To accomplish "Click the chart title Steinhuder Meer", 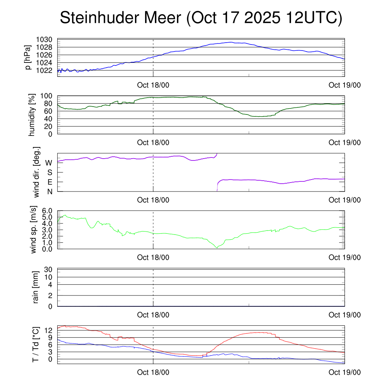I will [x=201, y=18].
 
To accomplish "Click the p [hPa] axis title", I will [x=28, y=57].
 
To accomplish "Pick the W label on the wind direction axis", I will [x=49, y=163].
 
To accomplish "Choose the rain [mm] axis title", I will [x=36, y=288].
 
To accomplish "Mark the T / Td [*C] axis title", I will [x=36, y=344].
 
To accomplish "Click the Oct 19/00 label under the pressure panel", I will [x=344, y=85].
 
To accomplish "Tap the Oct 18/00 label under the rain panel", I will [x=153, y=315].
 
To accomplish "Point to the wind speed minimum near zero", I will [x=217, y=247].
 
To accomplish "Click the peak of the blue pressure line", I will [x=232, y=42].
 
